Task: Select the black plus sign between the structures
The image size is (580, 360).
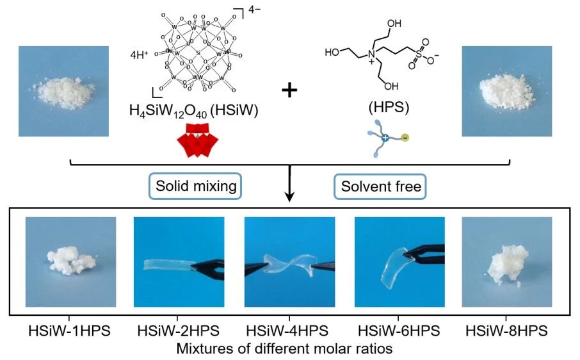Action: tap(290, 90)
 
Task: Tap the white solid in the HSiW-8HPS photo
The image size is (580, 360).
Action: tap(506, 265)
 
